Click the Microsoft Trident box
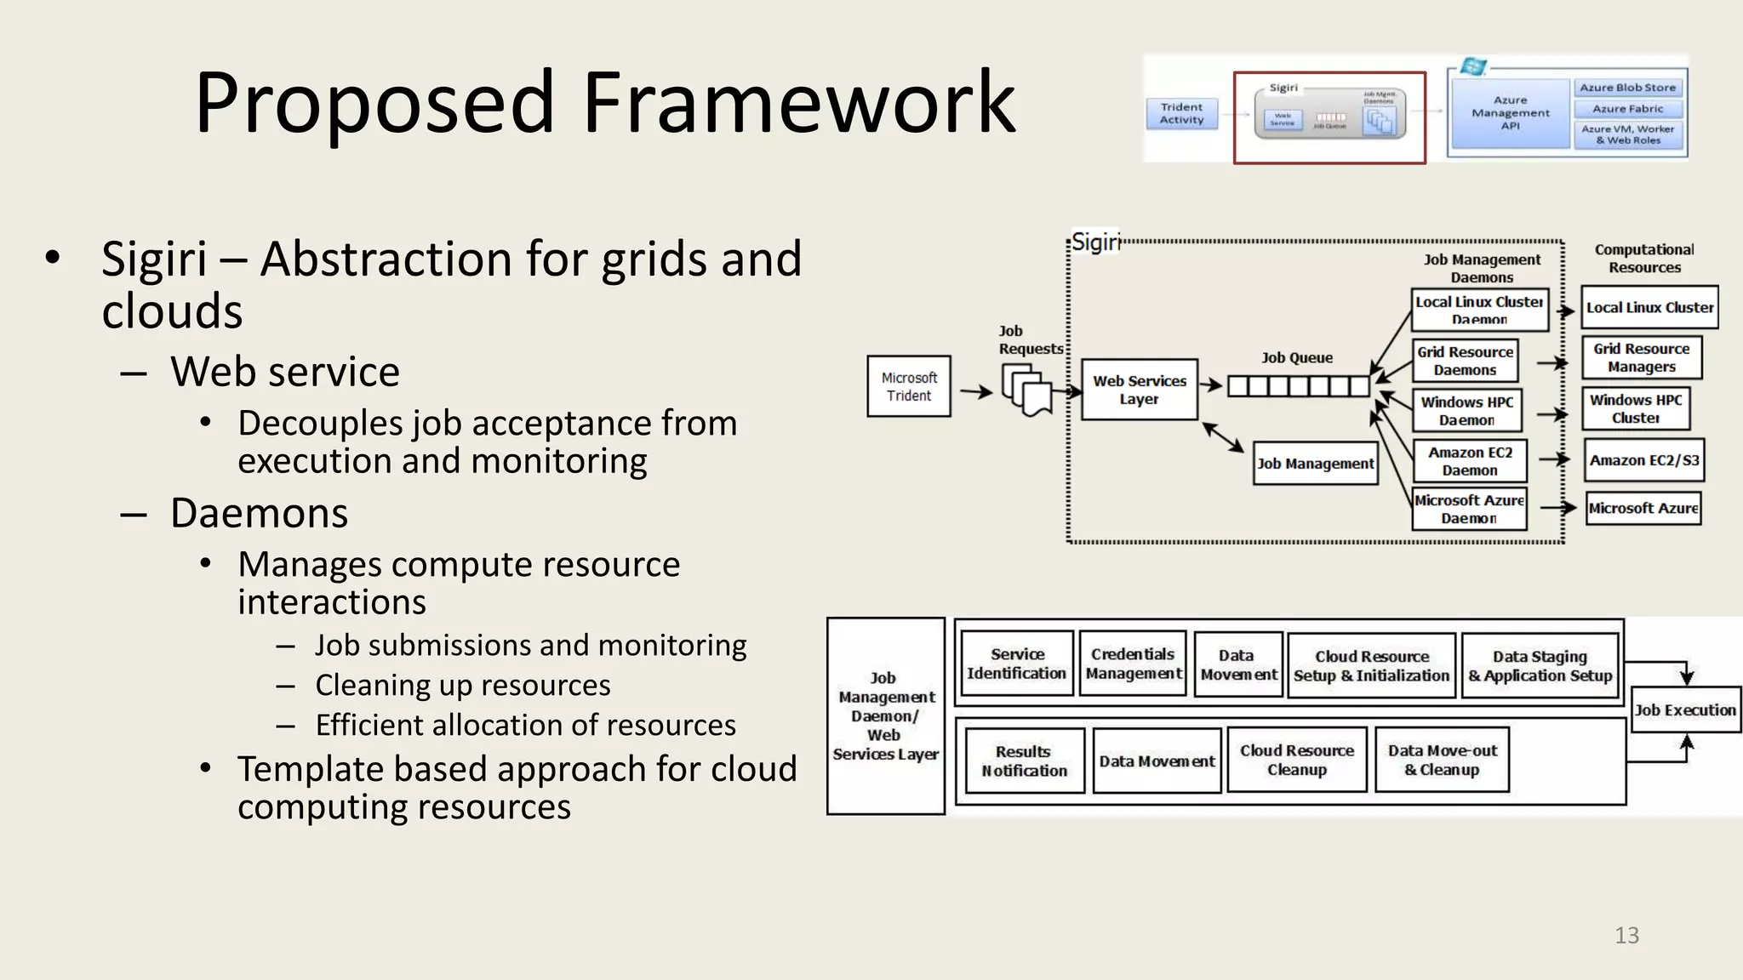[908, 386]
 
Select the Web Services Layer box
[1139, 390]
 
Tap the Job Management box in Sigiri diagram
[1315, 464]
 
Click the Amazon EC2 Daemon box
[1470, 461]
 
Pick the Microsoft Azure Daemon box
[1469, 509]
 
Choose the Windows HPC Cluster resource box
[1636, 408]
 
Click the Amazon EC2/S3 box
[1643, 460]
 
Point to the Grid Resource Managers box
[1642, 357]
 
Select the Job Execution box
[1685, 709]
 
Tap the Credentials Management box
[1133, 664]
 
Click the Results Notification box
[1025, 761]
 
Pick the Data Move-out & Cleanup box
[1442, 760]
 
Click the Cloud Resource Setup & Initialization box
[1371, 665]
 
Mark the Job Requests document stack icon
[1026, 390]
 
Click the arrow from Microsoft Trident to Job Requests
[975, 391]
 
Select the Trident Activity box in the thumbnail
[1181, 113]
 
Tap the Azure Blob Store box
[1627, 88]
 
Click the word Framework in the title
[797, 103]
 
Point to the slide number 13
[1626, 935]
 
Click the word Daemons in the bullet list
[259, 513]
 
